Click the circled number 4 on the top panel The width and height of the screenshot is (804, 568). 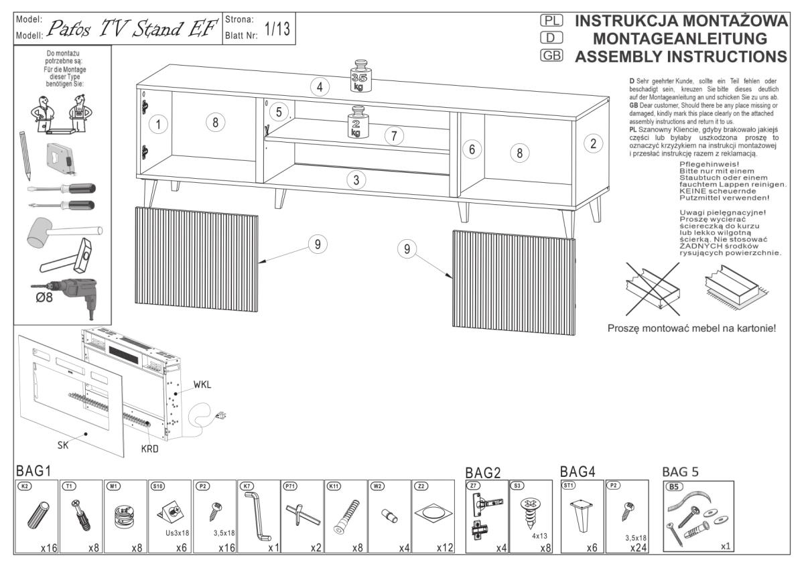coord(320,86)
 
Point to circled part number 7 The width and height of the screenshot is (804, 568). coord(395,136)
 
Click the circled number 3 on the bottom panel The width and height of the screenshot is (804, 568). coord(357,180)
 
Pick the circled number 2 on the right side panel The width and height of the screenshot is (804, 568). coord(592,143)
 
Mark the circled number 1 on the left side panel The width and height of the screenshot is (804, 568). coord(157,124)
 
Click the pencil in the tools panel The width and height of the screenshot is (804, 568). coord(25,155)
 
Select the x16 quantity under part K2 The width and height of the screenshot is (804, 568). coord(48,548)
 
